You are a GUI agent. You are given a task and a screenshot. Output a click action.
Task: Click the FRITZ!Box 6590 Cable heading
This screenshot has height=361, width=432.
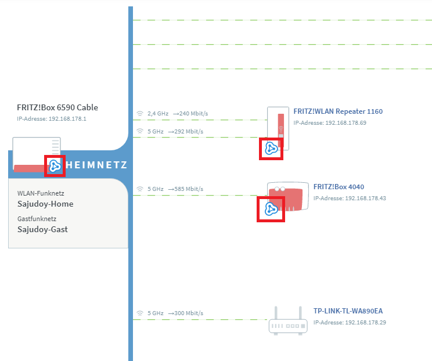point(57,107)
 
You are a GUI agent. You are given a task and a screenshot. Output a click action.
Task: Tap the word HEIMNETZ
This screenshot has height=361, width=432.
point(96,165)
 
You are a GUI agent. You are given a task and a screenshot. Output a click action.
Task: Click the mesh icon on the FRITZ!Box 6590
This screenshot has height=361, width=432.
point(55,166)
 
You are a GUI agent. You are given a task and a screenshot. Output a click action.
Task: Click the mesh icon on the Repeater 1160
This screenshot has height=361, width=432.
point(271,149)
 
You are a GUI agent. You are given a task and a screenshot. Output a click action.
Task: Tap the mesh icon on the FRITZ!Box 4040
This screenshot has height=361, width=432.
point(271,210)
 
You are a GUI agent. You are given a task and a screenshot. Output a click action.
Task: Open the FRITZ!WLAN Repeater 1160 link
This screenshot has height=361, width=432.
point(338,111)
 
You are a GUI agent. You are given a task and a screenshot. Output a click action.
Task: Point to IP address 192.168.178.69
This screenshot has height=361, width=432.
point(345,123)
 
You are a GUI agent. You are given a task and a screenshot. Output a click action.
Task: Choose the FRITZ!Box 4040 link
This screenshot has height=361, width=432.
point(339,187)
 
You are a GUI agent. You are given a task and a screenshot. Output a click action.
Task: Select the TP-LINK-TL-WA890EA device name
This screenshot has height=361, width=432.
point(348,311)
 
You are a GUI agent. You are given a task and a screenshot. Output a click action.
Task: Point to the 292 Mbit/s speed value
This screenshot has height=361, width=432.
point(189,132)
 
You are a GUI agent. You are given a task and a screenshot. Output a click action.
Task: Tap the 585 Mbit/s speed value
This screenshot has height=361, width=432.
point(189,189)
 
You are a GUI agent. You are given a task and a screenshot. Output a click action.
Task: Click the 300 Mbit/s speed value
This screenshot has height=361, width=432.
point(189,313)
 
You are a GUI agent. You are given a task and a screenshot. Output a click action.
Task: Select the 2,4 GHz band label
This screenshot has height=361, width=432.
point(158,113)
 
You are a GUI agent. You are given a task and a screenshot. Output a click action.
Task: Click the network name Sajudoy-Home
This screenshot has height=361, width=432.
point(45,204)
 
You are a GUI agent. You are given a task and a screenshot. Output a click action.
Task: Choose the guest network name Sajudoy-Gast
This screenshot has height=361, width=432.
point(42,229)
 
